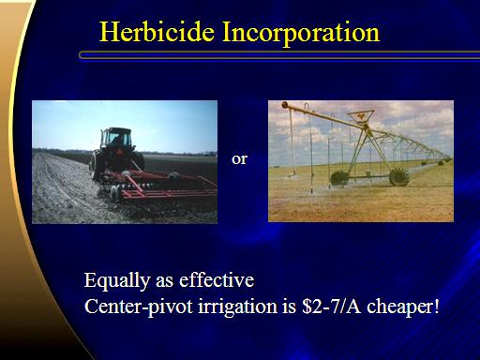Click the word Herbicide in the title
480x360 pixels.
pyautogui.click(x=157, y=32)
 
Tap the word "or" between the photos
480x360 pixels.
pyautogui.click(x=239, y=159)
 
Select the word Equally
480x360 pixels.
pyautogui.click(x=116, y=280)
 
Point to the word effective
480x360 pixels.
pyautogui.click(x=217, y=279)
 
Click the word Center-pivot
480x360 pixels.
pyautogui.click(x=138, y=307)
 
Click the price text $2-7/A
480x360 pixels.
pyautogui.click(x=331, y=307)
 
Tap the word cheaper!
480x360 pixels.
pyautogui.click(x=403, y=307)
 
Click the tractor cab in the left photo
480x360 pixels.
pyautogui.click(x=116, y=138)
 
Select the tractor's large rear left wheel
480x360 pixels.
pyautogui.click(x=97, y=165)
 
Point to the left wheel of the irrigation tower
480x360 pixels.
pyautogui.click(x=339, y=178)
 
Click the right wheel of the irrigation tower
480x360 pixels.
pyautogui.click(x=399, y=177)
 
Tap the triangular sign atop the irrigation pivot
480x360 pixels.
pyautogui.click(x=361, y=116)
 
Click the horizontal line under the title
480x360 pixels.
pyautogui.click(x=279, y=55)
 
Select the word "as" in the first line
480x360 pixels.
pyautogui.click(x=164, y=281)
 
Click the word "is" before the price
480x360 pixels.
pyautogui.click(x=290, y=307)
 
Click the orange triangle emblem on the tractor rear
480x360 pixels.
pyautogui.click(x=119, y=152)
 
